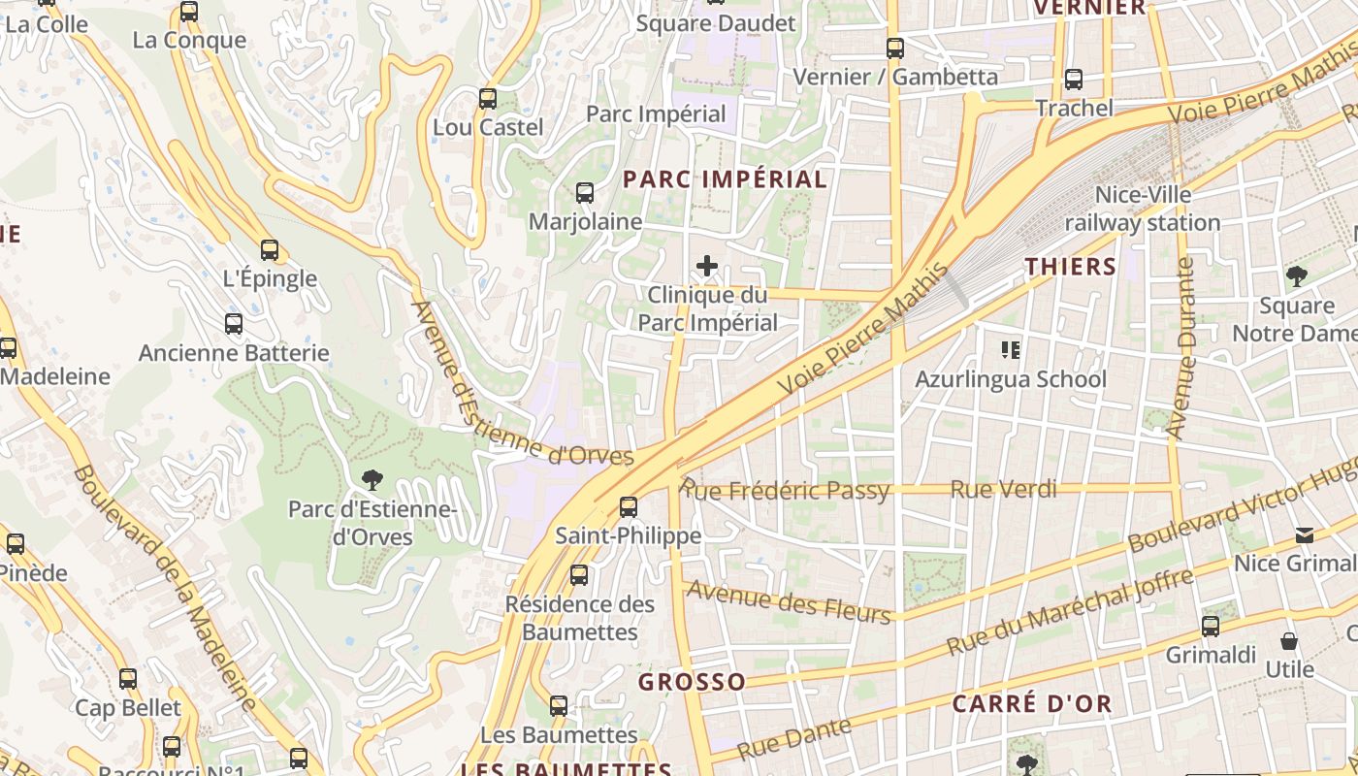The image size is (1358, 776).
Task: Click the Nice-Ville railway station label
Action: click(x=1143, y=209)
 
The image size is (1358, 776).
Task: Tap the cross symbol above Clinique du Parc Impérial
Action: click(x=708, y=265)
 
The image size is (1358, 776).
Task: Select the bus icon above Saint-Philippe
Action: click(x=629, y=506)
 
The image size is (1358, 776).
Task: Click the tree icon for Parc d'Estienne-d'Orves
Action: click(x=371, y=479)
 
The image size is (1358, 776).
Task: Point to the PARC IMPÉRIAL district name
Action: click(x=725, y=179)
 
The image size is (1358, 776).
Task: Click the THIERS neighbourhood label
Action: click(x=1071, y=267)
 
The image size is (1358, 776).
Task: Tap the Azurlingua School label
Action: click(x=1010, y=378)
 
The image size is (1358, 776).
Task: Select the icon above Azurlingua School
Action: click(x=1011, y=349)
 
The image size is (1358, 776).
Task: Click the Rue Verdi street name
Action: click(x=1003, y=489)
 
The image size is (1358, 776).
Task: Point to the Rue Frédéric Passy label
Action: click(x=784, y=490)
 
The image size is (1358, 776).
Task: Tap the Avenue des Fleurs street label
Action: click(x=788, y=601)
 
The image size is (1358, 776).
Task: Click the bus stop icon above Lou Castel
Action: click(x=488, y=98)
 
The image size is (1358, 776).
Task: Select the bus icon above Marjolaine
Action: click(x=584, y=192)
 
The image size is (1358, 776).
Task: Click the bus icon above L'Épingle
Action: click(x=270, y=249)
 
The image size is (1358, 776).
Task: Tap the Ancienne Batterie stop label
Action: click(x=234, y=352)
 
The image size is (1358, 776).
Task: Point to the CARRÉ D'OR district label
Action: click(x=1031, y=704)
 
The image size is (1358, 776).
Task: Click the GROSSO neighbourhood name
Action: click(x=692, y=682)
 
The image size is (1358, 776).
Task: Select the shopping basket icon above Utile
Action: click(x=1289, y=641)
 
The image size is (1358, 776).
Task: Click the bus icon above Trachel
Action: click(x=1073, y=80)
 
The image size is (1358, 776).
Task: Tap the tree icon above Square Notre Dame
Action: click(x=1296, y=276)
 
